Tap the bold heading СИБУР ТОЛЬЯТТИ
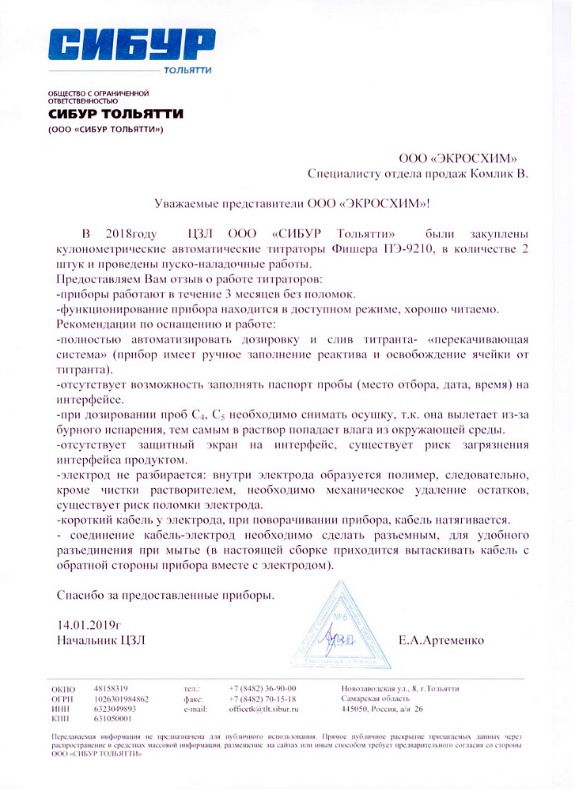[x=115, y=114]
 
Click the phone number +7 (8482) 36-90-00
[x=262, y=689]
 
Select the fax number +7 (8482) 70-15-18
[x=262, y=699]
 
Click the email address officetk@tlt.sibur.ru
[x=264, y=710]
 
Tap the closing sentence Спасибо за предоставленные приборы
[x=166, y=593]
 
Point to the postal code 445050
[x=356, y=710]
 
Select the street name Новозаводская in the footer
[x=369, y=689]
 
